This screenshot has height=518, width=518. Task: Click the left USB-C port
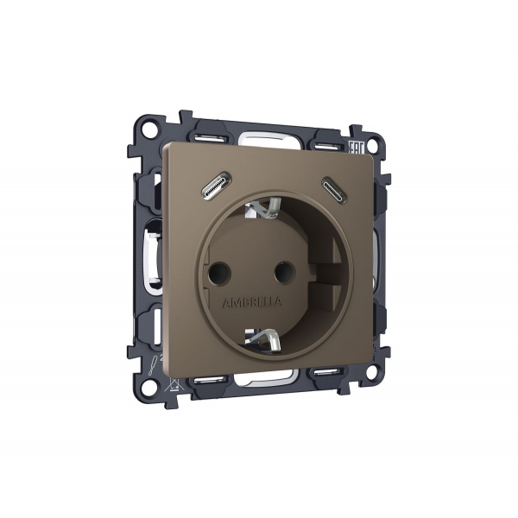[213, 187]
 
